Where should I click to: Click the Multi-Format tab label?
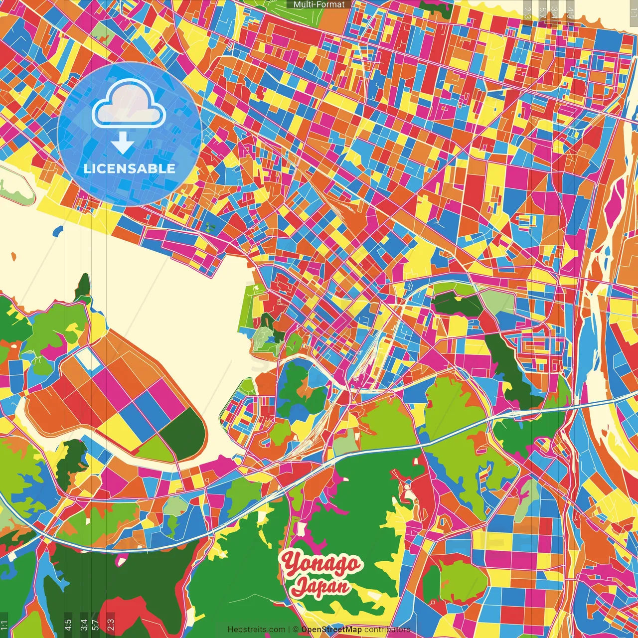(x=319, y=4)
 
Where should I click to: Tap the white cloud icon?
(x=129, y=105)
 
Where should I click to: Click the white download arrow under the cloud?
(x=123, y=143)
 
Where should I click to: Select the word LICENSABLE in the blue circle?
(x=130, y=168)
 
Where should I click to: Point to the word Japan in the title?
(x=321, y=587)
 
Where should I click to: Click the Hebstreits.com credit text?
(x=256, y=630)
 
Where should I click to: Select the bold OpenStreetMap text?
(x=331, y=630)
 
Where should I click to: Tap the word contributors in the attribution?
(x=387, y=630)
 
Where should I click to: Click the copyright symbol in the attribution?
(x=295, y=630)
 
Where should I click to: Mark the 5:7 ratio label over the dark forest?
(x=95, y=624)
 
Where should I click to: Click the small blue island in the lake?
(x=58, y=231)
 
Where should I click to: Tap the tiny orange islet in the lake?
(x=13, y=257)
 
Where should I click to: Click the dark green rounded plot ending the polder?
(x=184, y=431)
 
